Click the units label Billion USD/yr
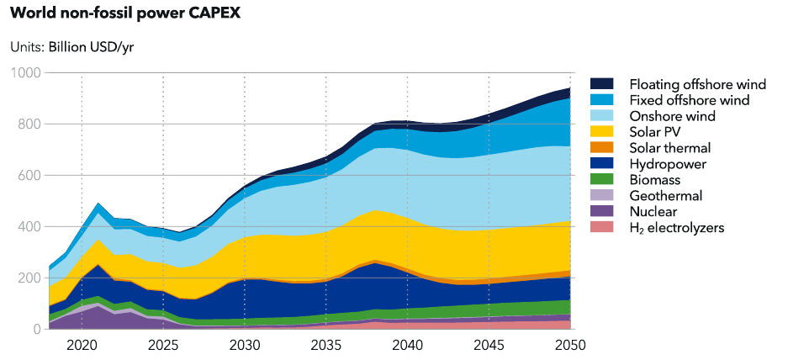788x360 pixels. click(71, 46)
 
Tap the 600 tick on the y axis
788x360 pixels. click(29, 176)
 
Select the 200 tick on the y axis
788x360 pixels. click(29, 278)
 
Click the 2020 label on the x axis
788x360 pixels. click(82, 344)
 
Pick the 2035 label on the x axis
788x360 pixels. click(325, 344)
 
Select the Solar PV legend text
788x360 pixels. click(655, 132)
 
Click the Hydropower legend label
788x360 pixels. click(668, 164)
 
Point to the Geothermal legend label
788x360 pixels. click(665, 196)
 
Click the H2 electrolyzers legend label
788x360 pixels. click(677, 228)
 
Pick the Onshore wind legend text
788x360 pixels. click(672, 116)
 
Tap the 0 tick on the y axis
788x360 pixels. click(34, 329)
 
